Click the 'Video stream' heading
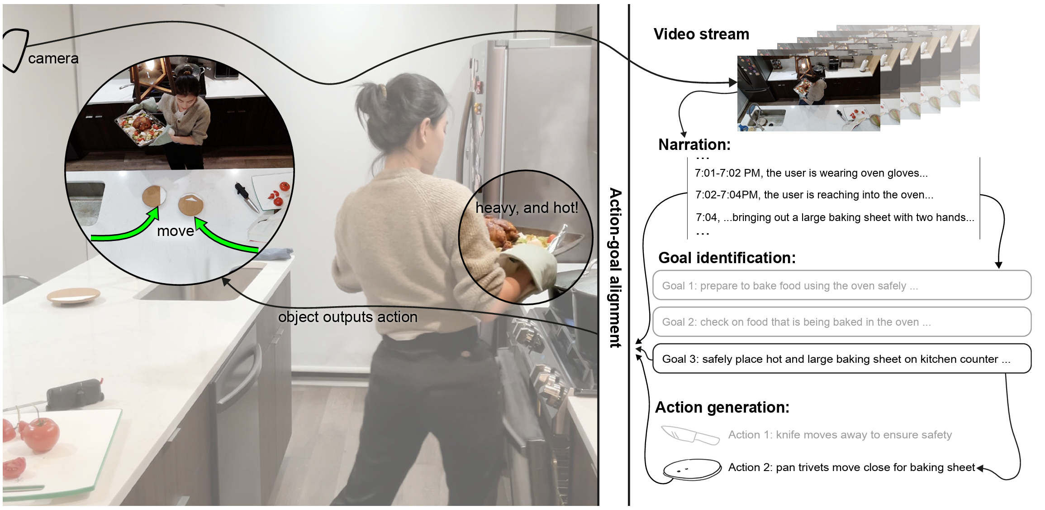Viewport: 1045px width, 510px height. [x=701, y=34]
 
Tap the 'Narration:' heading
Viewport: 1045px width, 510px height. [x=694, y=144]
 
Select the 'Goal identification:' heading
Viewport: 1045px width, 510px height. [x=727, y=258]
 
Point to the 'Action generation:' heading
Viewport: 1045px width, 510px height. [x=722, y=407]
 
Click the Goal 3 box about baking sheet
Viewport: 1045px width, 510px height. [x=841, y=359]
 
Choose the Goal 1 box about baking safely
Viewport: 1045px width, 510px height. [x=841, y=285]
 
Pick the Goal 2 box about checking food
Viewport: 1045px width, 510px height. [x=841, y=322]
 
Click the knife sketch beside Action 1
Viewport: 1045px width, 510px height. [x=690, y=435]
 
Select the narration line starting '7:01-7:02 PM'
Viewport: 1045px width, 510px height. [x=811, y=173]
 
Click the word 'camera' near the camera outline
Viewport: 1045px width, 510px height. [x=53, y=59]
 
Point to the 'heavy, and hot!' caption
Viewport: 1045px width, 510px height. [x=527, y=208]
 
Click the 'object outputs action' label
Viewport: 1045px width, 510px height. [x=347, y=317]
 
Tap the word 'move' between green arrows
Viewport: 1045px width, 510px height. [x=176, y=231]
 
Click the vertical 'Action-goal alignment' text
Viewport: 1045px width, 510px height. [x=615, y=267]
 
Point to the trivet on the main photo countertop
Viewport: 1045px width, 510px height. [x=73, y=296]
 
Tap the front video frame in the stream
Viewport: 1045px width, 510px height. [x=808, y=93]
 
